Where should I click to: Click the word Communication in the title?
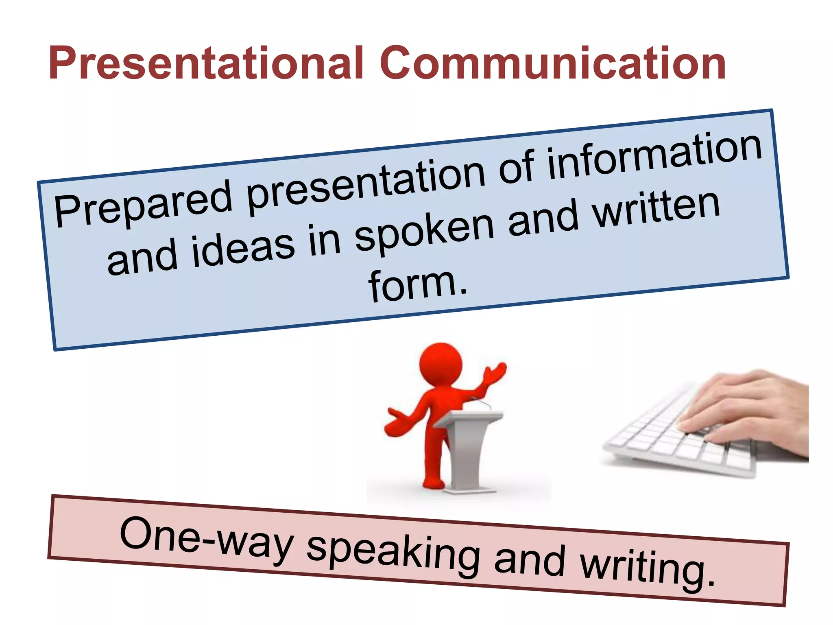coord(553,63)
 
